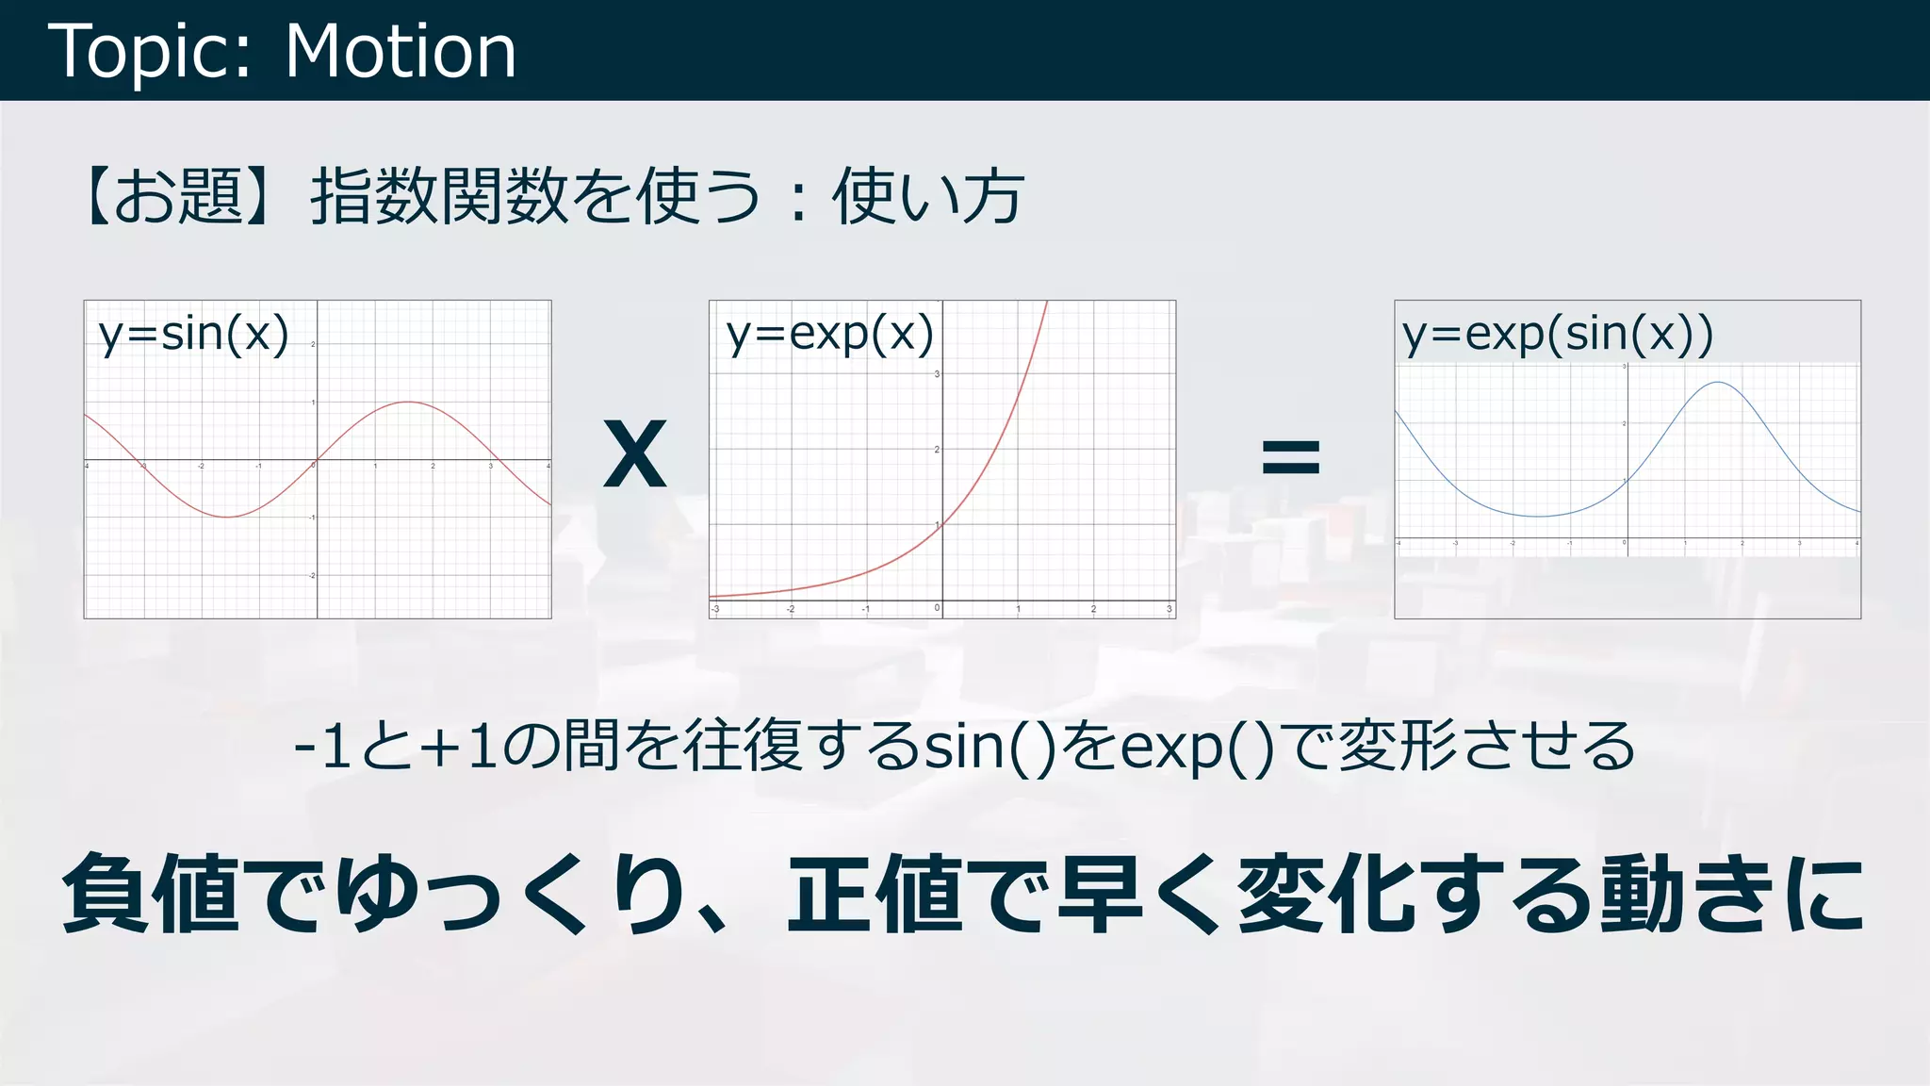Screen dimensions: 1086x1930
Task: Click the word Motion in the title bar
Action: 401,51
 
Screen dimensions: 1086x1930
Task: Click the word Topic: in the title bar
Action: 150,51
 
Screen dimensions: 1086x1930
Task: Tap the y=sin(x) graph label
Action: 193,334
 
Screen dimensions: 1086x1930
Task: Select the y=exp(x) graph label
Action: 829,334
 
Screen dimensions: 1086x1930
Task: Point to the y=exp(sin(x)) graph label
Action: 1557,334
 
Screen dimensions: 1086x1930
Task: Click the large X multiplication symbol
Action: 635,455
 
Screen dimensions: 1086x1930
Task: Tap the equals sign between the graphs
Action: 1290,457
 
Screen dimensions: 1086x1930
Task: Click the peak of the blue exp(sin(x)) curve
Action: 1719,382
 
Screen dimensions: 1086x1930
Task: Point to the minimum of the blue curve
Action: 1538,517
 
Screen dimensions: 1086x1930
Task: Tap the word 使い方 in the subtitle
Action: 927,196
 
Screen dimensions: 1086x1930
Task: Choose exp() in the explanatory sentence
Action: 1197,747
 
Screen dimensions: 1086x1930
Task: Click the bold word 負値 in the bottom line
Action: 151,893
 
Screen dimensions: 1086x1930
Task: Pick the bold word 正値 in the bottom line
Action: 876,893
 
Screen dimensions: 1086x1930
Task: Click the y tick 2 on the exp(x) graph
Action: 937,450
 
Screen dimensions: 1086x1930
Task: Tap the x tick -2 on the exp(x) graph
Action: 791,609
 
